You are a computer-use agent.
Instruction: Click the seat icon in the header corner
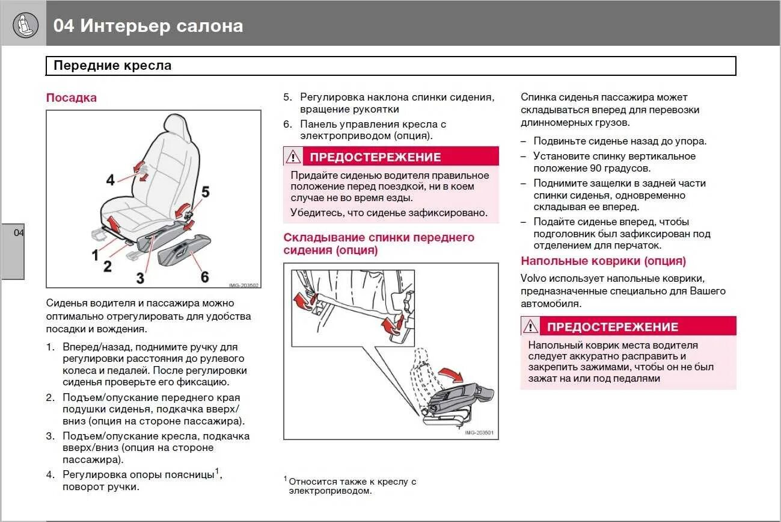tap(25, 25)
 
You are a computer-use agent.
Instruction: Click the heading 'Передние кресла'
tap(112, 66)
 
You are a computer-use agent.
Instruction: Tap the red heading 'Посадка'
tap(72, 98)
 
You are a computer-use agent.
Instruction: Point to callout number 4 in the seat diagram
tap(110, 179)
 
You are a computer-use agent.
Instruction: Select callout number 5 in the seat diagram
tap(205, 192)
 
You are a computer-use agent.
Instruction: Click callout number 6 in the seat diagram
tap(204, 276)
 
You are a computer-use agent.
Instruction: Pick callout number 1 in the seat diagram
tap(95, 255)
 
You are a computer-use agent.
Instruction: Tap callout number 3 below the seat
tap(140, 278)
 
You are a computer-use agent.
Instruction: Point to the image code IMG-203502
tap(243, 285)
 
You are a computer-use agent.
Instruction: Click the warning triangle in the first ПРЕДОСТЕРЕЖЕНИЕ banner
tap(293, 157)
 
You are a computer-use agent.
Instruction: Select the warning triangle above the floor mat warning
tap(530, 326)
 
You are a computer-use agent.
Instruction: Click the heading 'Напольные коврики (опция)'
tap(603, 261)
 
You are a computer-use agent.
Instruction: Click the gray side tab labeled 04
tap(13, 250)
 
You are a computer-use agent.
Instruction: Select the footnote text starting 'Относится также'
tap(352, 486)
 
